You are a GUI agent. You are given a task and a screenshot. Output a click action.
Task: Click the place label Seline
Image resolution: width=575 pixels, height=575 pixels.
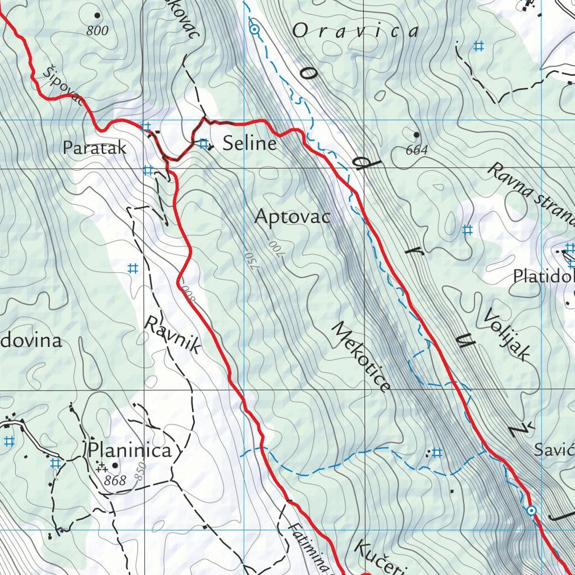(249, 144)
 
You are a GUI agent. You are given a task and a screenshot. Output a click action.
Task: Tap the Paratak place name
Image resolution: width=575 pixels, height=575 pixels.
(94, 148)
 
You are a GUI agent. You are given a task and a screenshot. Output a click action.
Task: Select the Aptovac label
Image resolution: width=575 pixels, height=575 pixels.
(293, 217)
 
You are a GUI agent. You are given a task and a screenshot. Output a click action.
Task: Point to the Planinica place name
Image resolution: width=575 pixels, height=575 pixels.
(129, 451)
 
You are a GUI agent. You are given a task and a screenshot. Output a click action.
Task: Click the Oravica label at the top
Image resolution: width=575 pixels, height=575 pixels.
(355, 31)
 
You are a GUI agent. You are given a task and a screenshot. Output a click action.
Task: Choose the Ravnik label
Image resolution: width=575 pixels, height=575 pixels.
(173, 335)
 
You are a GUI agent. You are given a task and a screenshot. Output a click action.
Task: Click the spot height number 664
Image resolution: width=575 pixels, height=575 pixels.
(417, 150)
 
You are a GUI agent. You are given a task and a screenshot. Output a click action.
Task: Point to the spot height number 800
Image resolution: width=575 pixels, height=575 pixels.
(98, 31)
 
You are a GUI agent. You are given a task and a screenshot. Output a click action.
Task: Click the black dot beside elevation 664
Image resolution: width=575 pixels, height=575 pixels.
(416, 135)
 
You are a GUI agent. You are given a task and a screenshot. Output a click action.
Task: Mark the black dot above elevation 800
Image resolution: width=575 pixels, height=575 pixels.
(97, 16)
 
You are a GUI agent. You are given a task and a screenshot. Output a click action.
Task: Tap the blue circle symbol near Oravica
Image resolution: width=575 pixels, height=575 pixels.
(254, 29)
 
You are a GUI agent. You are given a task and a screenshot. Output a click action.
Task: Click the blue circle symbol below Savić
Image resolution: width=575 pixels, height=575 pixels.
(531, 510)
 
